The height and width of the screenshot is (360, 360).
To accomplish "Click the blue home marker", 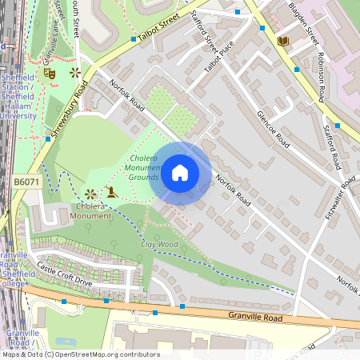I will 180,172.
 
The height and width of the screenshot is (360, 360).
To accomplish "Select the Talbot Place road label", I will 212,57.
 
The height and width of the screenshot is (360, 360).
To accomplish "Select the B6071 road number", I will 26,183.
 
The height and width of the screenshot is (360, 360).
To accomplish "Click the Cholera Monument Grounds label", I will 146,167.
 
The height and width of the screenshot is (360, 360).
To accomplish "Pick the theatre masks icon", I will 50,72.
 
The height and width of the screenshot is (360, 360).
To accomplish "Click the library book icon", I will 282,41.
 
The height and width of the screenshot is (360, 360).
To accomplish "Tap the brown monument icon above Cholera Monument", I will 110,192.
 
